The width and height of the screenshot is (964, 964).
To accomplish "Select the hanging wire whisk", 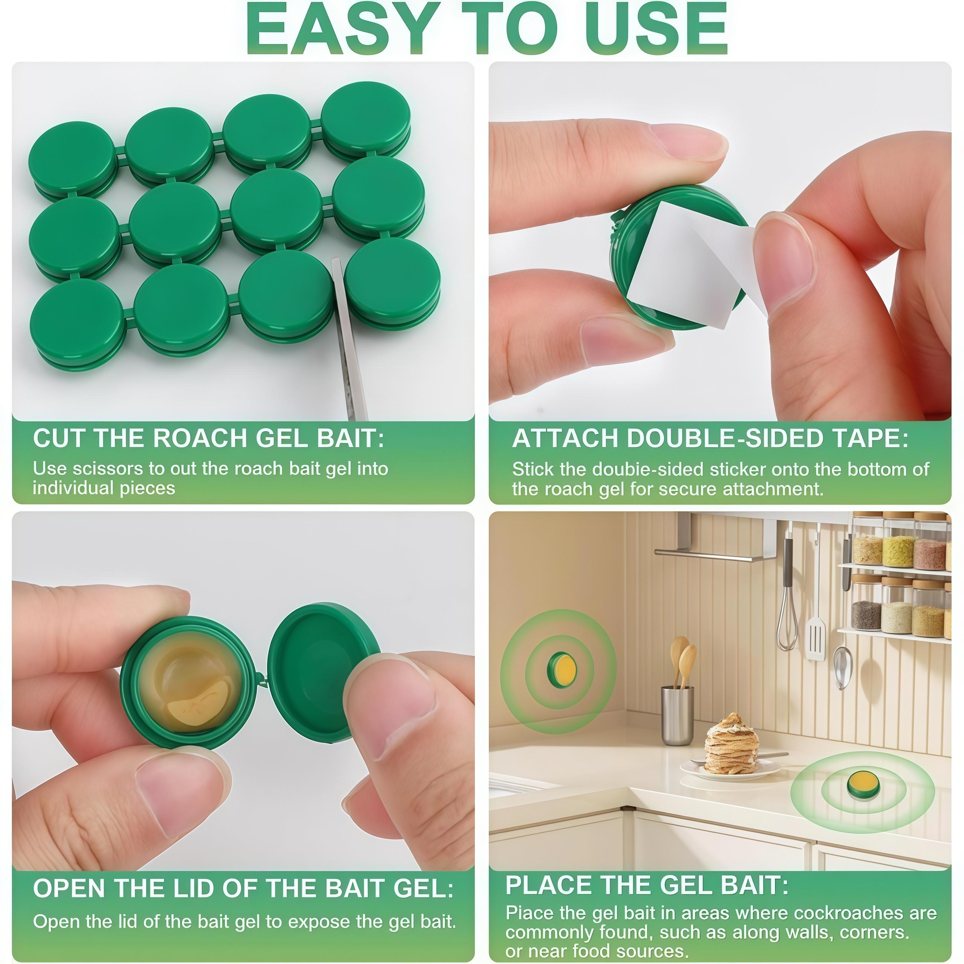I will coord(787,619).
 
